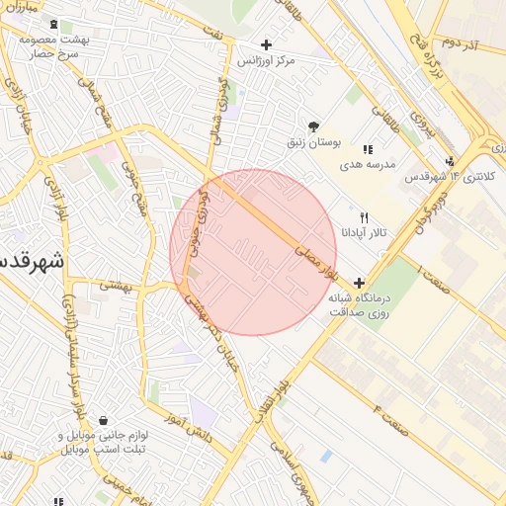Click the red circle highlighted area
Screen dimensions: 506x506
[x=253, y=252]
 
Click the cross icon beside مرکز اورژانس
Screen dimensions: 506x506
[x=266, y=44]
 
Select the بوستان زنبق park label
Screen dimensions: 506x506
[x=313, y=142]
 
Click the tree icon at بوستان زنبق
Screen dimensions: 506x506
[x=313, y=126]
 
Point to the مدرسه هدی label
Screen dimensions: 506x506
[x=368, y=164]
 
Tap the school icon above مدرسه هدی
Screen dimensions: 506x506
[x=368, y=149]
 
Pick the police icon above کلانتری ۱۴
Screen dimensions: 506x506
[x=451, y=162]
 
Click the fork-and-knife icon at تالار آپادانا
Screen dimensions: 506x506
[x=365, y=217]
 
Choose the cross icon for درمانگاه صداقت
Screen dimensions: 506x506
[x=359, y=283]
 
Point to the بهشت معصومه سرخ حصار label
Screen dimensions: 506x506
[x=53, y=46]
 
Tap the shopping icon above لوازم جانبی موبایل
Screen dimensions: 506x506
[x=103, y=421]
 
